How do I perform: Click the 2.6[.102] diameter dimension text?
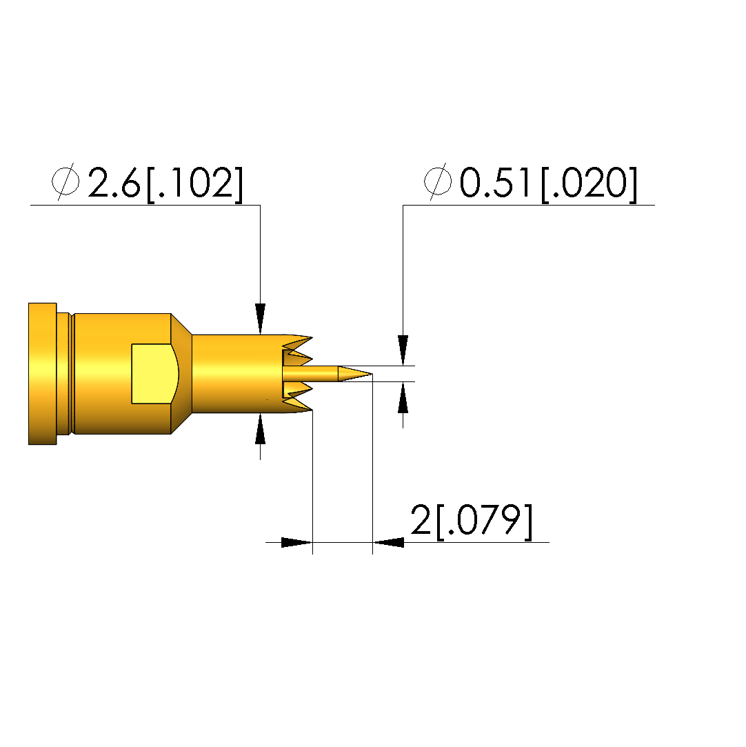(165, 183)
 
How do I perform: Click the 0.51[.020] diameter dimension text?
(548, 183)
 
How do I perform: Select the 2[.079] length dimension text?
(472, 521)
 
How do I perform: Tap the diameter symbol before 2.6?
(65, 181)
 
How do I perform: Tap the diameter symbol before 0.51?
(438, 181)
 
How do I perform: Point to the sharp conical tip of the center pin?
(371, 374)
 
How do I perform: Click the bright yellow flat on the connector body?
(154, 374)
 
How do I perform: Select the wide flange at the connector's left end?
(42, 374)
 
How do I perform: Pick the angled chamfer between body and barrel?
(181, 374)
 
